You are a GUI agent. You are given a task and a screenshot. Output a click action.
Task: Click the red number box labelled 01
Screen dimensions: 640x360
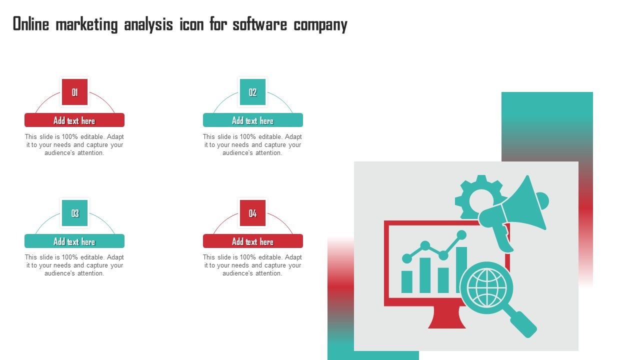74,92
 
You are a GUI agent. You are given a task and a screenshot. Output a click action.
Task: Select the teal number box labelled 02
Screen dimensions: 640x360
252,92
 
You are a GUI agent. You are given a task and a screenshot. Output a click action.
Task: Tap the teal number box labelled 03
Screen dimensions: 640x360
74,213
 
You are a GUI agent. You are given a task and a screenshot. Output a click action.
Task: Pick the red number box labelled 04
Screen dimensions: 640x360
252,213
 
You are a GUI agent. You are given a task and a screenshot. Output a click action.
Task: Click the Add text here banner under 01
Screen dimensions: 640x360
74,120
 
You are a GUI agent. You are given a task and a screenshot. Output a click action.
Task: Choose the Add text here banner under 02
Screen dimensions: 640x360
253,120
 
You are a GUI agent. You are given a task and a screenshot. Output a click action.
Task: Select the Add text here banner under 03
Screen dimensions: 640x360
74,241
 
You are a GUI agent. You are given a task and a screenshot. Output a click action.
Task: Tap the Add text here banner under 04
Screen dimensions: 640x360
253,241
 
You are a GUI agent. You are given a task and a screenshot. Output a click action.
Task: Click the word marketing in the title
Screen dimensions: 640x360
86,25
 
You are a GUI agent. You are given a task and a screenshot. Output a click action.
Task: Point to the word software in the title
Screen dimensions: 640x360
259,24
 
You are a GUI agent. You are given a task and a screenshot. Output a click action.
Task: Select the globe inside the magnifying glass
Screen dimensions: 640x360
486,287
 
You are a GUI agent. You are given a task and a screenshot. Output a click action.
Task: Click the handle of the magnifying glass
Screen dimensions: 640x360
522,323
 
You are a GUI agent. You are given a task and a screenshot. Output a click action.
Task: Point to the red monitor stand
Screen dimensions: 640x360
447,317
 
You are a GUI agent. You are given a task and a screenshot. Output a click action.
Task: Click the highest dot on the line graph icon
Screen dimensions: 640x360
461,235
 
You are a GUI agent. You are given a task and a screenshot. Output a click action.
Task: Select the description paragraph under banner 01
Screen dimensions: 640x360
74,144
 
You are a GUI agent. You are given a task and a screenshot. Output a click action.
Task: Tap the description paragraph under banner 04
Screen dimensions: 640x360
252,265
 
